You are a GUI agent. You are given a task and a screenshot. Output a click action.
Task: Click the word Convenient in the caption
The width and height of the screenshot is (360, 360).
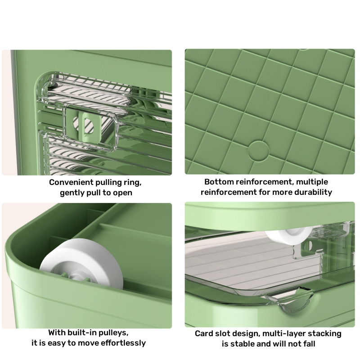(71, 182)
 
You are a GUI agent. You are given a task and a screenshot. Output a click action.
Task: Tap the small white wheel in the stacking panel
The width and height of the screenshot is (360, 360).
(288, 235)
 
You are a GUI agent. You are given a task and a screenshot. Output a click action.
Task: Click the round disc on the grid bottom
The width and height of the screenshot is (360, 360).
(258, 151)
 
